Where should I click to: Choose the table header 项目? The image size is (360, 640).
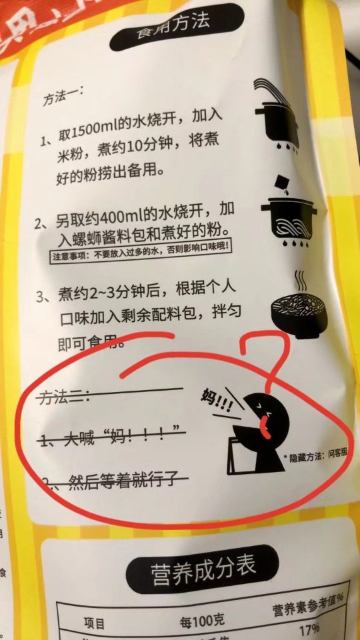[95, 624]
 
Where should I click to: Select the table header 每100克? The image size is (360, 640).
[203, 620]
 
